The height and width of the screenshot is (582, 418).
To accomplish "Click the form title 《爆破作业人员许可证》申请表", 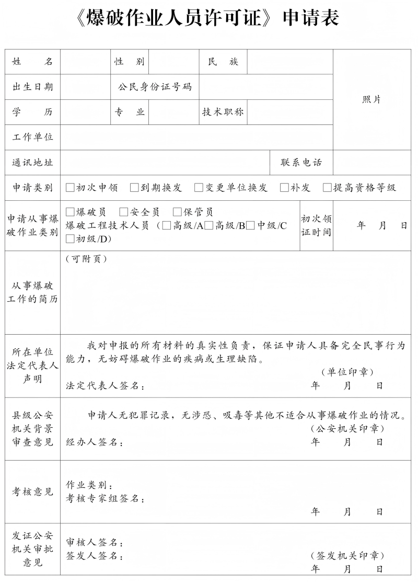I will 208,18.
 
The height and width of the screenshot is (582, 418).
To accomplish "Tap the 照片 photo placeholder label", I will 371,99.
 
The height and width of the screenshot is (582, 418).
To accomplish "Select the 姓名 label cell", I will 33,62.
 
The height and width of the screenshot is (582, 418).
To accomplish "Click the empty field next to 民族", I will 289,62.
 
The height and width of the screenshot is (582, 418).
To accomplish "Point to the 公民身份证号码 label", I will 155,87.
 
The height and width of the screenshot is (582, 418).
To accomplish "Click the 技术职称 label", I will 223,112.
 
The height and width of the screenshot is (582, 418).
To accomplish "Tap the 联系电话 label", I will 301,162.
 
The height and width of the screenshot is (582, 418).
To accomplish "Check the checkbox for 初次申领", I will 70,188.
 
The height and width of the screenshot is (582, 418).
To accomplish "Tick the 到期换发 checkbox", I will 134,188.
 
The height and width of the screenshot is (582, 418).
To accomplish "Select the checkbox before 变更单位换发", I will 199,188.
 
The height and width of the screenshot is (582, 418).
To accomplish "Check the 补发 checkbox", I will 284,188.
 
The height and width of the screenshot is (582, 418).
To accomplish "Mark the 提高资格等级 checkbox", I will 327,188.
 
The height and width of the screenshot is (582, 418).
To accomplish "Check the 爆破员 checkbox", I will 70,212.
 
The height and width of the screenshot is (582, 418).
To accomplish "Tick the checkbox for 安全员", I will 124,212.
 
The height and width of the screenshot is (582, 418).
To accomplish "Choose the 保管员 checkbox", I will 177,212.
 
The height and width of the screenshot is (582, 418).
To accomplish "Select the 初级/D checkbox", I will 70,239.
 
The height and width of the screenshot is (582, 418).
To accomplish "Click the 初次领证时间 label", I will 316,225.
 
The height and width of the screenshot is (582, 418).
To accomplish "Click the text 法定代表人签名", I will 105,386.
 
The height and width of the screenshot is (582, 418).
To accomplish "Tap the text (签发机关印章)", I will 347,555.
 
